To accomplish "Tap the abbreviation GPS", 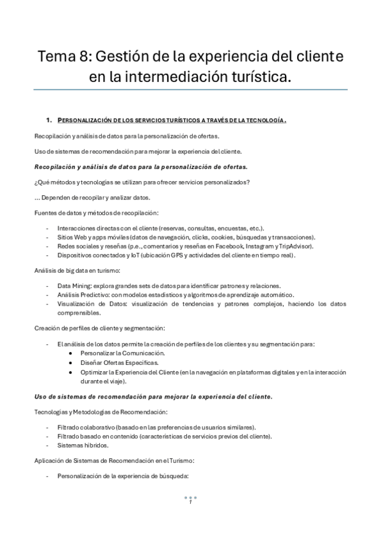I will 186,255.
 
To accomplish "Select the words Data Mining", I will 72,286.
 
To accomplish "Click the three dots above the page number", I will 191,497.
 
